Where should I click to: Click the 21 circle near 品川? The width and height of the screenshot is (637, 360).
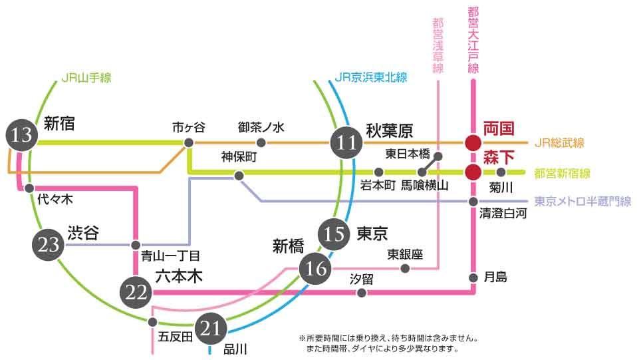[210, 327]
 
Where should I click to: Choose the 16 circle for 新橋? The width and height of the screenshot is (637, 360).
[315, 268]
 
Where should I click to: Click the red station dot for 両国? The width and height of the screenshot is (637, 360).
[472, 142]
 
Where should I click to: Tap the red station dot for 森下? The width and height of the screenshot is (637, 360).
[472, 172]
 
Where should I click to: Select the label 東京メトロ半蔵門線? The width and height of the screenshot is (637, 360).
[582, 201]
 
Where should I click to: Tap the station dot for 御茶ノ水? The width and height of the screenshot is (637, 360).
[261, 142]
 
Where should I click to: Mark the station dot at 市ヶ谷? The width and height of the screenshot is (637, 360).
[189, 142]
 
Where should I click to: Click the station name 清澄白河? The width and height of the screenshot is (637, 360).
[503, 214]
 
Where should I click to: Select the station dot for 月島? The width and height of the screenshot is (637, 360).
[472, 277]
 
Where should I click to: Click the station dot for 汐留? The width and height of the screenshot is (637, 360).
[361, 292]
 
